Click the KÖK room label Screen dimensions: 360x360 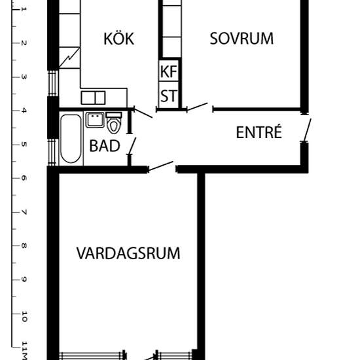118,39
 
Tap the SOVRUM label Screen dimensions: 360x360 241,39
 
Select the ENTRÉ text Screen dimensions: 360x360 259,133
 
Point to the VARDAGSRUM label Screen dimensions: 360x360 128,253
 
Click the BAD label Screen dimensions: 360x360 105,146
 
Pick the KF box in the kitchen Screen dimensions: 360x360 168,71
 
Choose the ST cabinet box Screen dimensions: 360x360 168,96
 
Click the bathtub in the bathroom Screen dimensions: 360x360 69,139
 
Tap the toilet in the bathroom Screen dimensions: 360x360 114,124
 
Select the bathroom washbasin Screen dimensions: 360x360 95,120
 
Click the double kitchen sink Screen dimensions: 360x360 93,98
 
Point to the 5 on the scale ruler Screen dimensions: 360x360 24,143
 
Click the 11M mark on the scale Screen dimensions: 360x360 24,350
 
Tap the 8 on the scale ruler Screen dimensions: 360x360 24,246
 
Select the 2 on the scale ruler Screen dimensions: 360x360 24,43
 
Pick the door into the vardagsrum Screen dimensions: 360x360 161,167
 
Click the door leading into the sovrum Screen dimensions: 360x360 198,107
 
